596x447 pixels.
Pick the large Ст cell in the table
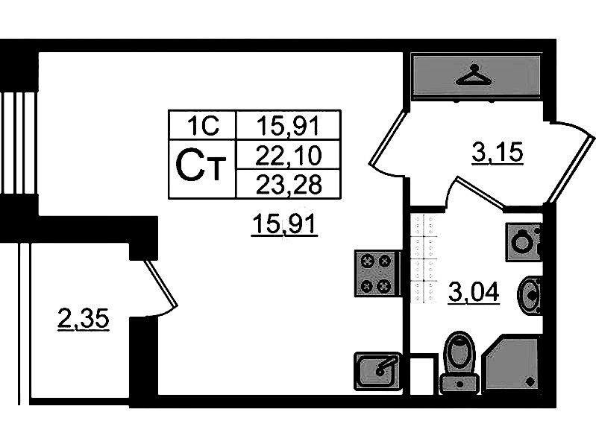pos(202,168)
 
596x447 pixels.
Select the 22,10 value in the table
pos(288,155)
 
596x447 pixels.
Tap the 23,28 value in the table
pos(288,183)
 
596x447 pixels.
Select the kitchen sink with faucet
pos(378,370)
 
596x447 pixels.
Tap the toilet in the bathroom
pos(459,362)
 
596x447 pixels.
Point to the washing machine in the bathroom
pos(524,241)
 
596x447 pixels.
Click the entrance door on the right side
pos(571,164)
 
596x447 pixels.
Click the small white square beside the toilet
pos(423,375)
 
